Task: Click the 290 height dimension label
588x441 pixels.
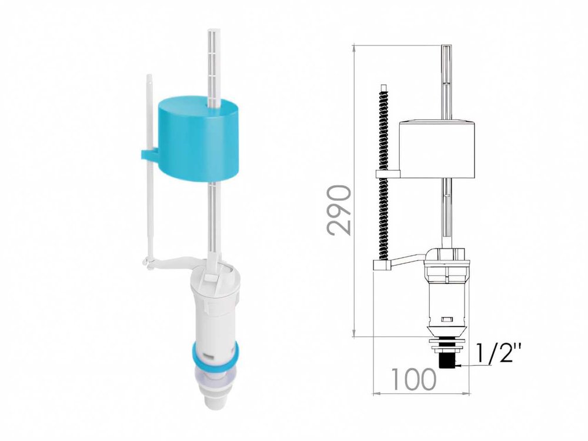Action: (339, 210)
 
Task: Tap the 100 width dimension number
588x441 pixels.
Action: (413, 379)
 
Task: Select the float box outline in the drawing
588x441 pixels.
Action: (437, 149)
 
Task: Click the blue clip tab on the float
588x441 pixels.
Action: (150, 154)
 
